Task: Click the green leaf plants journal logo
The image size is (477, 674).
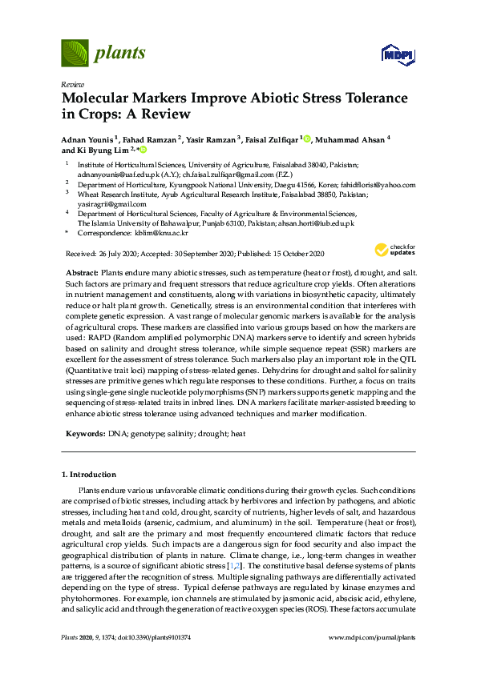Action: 75,53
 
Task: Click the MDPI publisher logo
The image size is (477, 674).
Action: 397,55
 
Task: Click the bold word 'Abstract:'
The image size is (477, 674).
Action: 82,273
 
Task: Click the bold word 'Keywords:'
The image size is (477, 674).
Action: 84,433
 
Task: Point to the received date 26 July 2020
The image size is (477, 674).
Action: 118,254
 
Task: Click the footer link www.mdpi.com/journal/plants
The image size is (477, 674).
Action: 371,637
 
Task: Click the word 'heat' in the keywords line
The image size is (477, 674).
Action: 236,433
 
